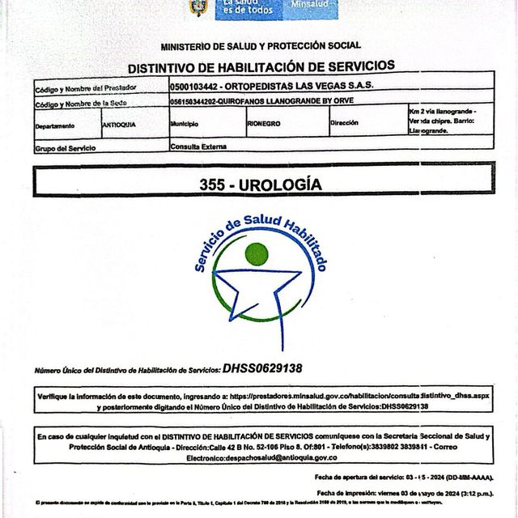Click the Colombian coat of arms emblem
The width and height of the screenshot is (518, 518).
(x=197, y=7)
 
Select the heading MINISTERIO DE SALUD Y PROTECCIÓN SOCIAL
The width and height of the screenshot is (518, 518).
(x=261, y=46)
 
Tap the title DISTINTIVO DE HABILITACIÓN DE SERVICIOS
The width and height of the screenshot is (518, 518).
(x=261, y=66)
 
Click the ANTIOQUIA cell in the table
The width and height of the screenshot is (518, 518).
(x=120, y=125)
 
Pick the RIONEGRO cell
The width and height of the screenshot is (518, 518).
(x=264, y=125)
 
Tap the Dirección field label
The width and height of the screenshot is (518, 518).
(x=350, y=124)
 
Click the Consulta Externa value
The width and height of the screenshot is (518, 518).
(x=198, y=146)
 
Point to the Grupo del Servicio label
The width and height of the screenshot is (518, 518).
(x=66, y=149)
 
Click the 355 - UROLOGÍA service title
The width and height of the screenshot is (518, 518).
(x=261, y=185)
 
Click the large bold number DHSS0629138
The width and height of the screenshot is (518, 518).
(x=262, y=368)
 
